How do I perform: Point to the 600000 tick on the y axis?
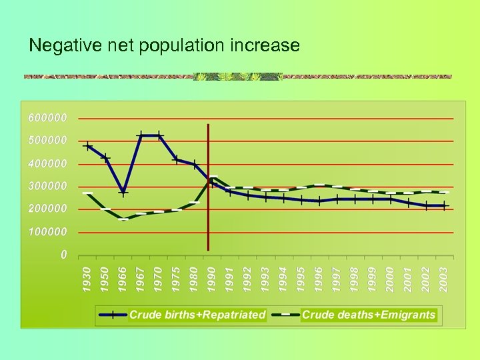click(x=48, y=117)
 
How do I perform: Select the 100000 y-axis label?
click(x=48, y=232)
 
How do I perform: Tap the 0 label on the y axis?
click(x=63, y=254)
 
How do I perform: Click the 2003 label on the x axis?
click(x=444, y=279)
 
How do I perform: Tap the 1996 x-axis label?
click(x=319, y=279)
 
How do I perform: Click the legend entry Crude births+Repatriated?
click(x=197, y=315)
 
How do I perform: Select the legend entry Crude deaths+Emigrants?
click(x=369, y=315)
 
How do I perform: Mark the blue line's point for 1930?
click(x=88, y=146)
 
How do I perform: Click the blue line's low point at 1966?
click(x=123, y=192)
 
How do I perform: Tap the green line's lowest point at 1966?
click(x=123, y=219)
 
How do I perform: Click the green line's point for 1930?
click(x=88, y=193)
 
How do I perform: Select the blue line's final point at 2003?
click(x=445, y=206)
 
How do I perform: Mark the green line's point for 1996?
click(x=319, y=185)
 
